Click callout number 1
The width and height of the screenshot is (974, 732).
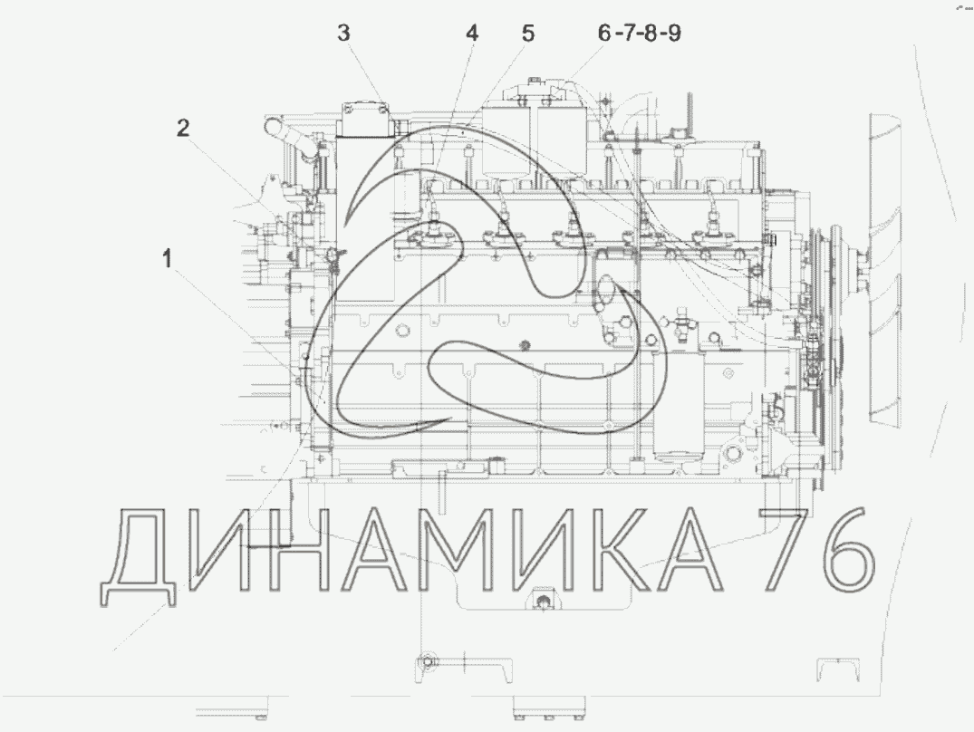(x=167, y=258)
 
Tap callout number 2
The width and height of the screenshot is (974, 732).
(x=183, y=128)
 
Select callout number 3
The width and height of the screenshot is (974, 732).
(x=344, y=33)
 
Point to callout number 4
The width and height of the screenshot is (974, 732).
(x=473, y=33)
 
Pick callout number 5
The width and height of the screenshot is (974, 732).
(x=527, y=33)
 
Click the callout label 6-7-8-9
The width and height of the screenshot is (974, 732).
(x=639, y=33)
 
